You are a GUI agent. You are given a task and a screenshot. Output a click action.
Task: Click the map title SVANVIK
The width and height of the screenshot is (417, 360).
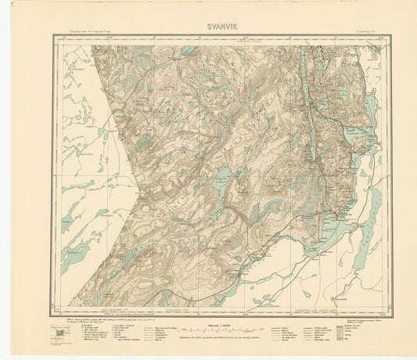point(208,24)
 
